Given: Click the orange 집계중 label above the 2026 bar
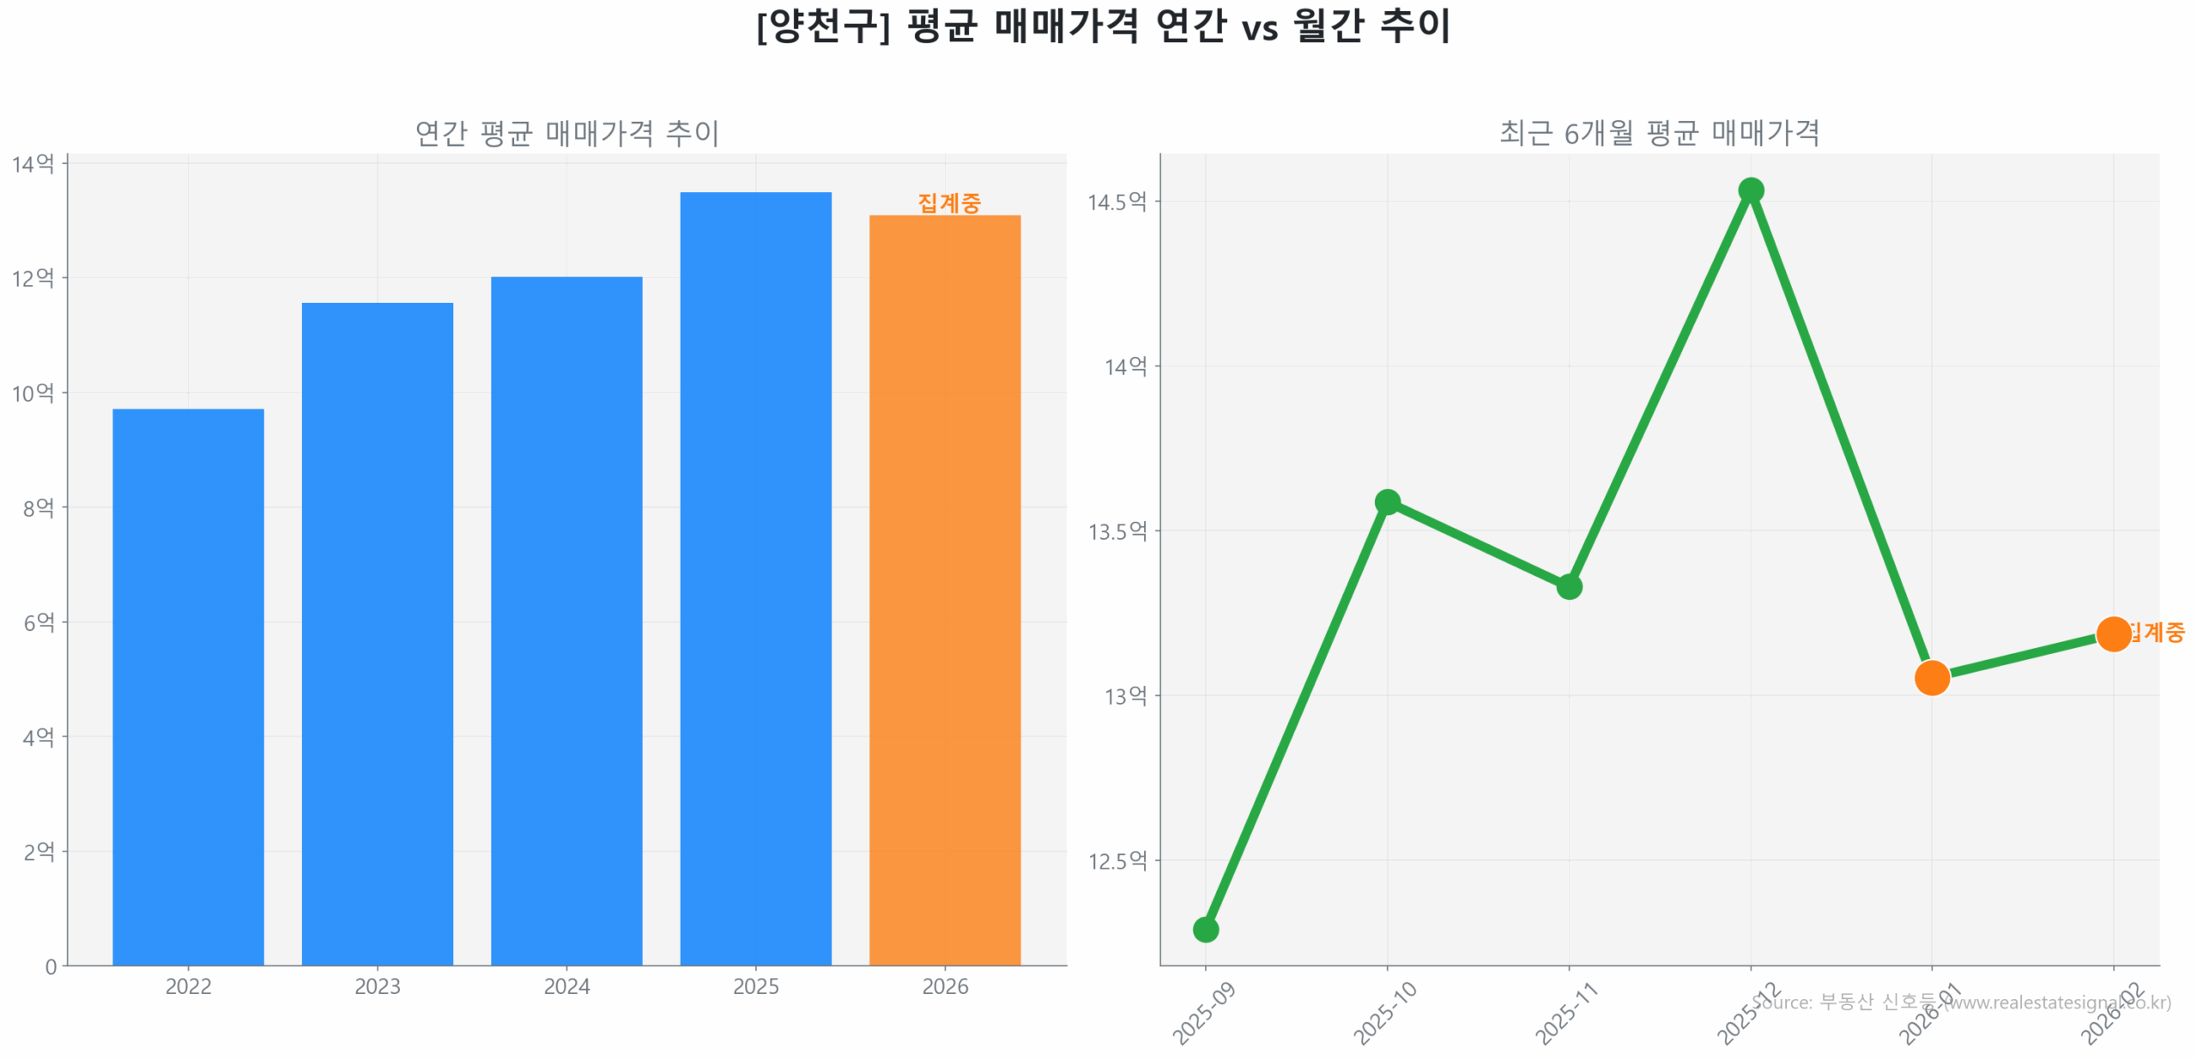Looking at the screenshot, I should click(948, 203).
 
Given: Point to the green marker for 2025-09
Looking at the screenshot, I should click(1205, 929).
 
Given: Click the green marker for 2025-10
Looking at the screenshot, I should click(1387, 501).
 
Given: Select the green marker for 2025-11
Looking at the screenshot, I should click(1569, 586).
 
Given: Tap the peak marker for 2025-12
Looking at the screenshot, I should click(1751, 190).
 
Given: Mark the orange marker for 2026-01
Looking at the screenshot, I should click(1932, 677).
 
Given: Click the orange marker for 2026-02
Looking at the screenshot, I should click(2113, 633).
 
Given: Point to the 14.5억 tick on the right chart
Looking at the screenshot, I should click(1117, 202).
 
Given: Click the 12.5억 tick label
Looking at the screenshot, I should click(1117, 860).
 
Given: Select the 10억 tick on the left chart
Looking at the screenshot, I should click(33, 393).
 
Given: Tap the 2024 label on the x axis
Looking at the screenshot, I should click(566, 986).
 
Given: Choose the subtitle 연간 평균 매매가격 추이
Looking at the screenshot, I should click(566, 133).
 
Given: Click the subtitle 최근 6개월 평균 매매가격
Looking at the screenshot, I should click(1659, 133).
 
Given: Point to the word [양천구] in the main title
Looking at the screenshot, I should click(822, 26).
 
